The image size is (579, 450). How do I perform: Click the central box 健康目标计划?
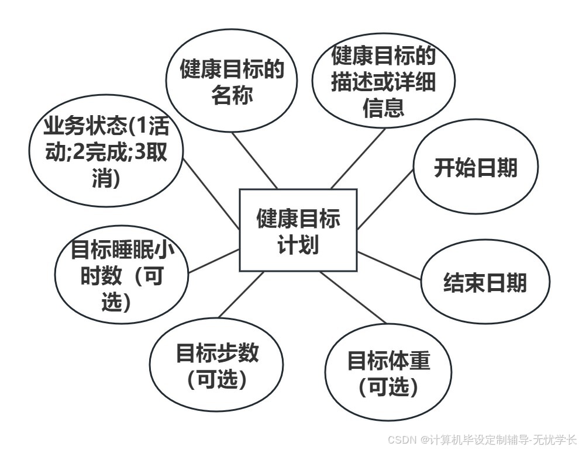298,230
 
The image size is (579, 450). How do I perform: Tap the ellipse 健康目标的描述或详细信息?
384,82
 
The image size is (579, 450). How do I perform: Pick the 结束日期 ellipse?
485,283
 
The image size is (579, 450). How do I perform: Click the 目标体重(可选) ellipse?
388,373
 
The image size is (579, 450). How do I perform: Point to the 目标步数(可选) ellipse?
217,365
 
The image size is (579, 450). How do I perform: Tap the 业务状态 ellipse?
106,153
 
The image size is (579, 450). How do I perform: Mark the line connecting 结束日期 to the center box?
389,266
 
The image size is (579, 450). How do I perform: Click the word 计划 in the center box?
298,244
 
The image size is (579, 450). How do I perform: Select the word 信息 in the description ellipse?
384,108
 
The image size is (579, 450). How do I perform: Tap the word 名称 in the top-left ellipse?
232,94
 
